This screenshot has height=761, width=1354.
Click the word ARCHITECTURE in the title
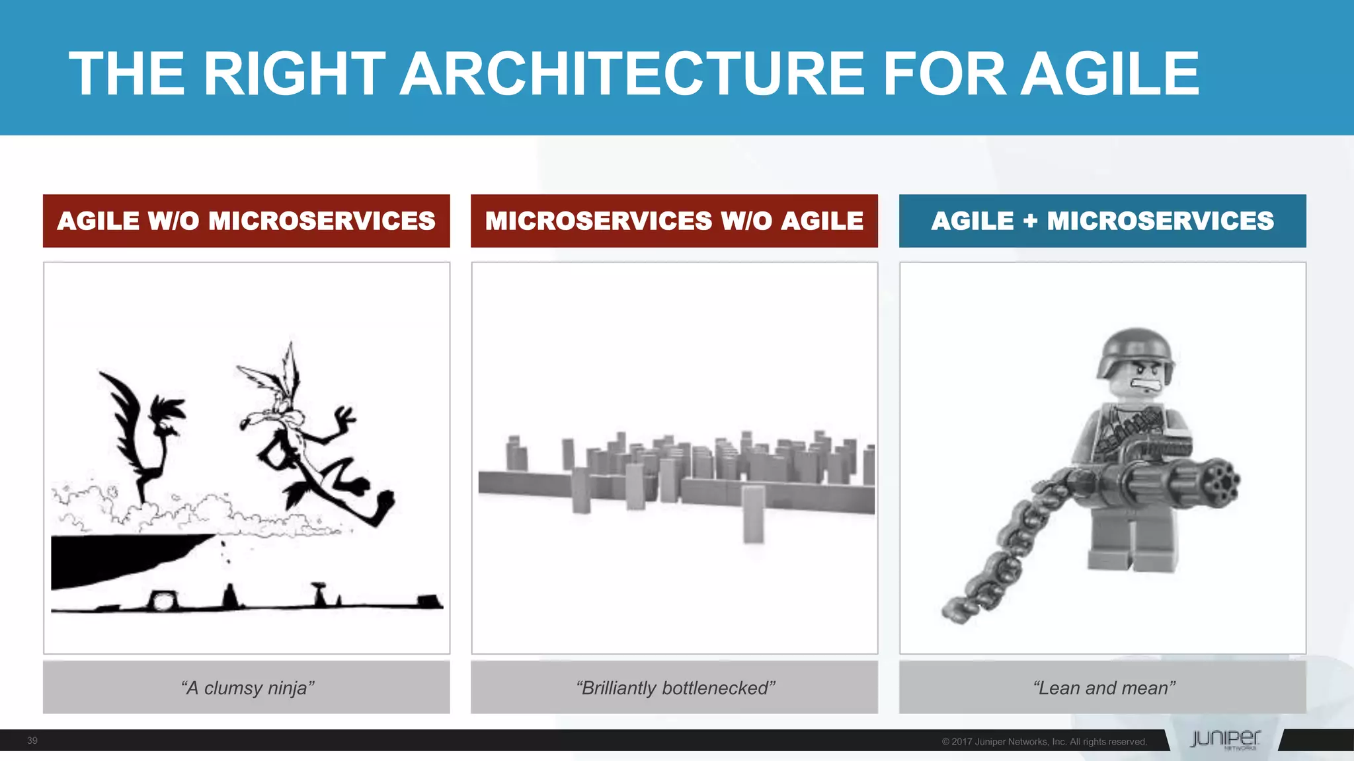pos(633,74)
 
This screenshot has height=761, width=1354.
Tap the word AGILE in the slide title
pos(1110,74)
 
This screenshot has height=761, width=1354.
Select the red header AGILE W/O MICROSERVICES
pos(246,221)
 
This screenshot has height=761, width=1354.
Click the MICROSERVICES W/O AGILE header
pos(674,221)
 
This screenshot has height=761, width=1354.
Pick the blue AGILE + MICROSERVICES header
pos(1102,221)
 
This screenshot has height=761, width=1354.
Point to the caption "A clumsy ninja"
pos(247,688)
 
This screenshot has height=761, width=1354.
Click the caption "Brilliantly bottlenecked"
pos(674,688)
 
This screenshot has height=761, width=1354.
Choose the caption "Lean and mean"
pos(1103,688)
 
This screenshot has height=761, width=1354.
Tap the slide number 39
pos(32,741)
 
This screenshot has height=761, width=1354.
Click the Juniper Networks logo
pos(1224,739)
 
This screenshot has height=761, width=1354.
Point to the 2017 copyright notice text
pos(1044,742)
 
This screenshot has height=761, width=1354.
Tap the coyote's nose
pos(244,423)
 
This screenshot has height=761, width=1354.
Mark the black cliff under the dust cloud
pos(119,558)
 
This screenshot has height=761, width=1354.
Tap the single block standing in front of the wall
pos(753,515)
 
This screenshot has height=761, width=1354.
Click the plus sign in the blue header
pos(1030,221)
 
